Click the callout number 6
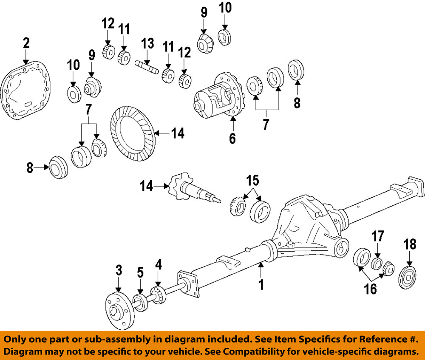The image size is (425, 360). coord(232,138)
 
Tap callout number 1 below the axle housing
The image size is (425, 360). coord(261,284)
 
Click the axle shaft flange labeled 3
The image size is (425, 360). coord(118,310)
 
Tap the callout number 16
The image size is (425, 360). coord(371,289)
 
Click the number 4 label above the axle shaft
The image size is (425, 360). coord(158,265)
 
